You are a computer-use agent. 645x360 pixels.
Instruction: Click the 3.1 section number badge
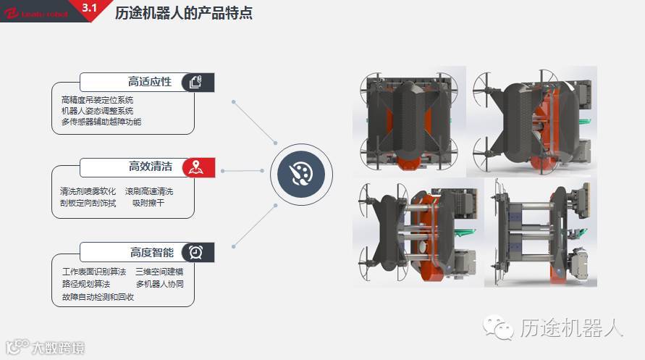pyautogui.click(x=90, y=8)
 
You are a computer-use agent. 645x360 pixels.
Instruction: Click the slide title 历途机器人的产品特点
pyautogui.click(x=184, y=13)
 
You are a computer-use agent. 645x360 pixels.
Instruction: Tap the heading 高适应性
pyautogui.click(x=150, y=82)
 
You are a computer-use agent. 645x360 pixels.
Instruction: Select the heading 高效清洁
pyautogui.click(x=150, y=167)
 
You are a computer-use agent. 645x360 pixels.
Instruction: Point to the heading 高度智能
pyautogui.click(x=151, y=253)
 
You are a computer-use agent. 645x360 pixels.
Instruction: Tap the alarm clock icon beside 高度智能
pyautogui.click(x=195, y=252)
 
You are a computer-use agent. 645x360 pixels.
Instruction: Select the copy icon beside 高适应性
pyautogui.click(x=195, y=82)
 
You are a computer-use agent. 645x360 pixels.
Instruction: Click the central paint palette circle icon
pyautogui.click(x=295, y=172)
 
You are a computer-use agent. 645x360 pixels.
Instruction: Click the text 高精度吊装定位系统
pyautogui.click(x=97, y=100)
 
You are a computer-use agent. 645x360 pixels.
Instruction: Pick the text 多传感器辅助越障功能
pyautogui.click(x=101, y=122)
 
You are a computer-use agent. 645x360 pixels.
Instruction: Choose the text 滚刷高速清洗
pyautogui.click(x=149, y=192)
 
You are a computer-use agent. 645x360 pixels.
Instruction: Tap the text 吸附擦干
pyautogui.click(x=148, y=204)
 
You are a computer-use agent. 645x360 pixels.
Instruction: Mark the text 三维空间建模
pyautogui.click(x=159, y=272)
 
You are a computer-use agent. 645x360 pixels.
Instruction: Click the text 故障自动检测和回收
pyautogui.click(x=98, y=296)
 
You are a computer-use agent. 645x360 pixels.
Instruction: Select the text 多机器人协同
pyautogui.click(x=159, y=284)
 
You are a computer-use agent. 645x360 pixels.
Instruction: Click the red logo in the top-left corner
pyautogui.click(x=13, y=12)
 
